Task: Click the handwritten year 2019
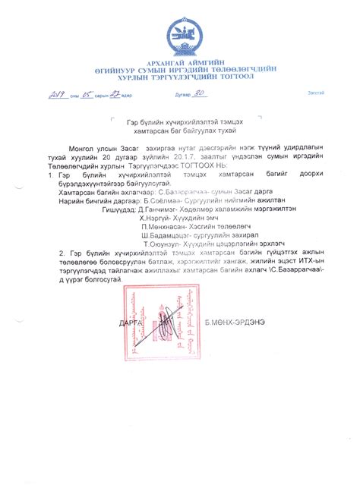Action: coord(60,95)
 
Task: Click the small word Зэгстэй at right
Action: coord(315,93)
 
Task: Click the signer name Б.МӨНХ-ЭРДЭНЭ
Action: coord(235,323)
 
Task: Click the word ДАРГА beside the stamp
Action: coord(131,323)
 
